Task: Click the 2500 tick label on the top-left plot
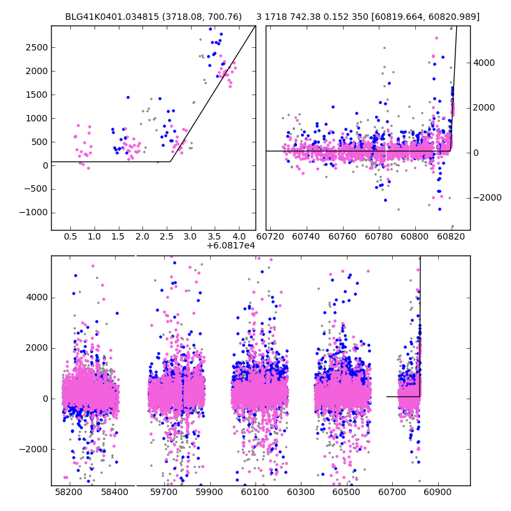click(36, 48)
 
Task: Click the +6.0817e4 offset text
click(231, 246)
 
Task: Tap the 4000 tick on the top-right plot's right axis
click(484, 63)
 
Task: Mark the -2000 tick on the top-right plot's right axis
click(485, 198)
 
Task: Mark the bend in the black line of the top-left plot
click(171, 162)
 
